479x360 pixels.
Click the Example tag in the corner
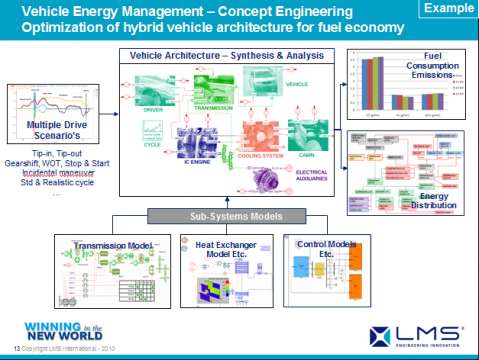tap(448, 9)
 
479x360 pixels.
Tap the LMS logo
tap(418, 333)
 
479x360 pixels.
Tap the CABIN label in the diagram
tap(302, 157)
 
